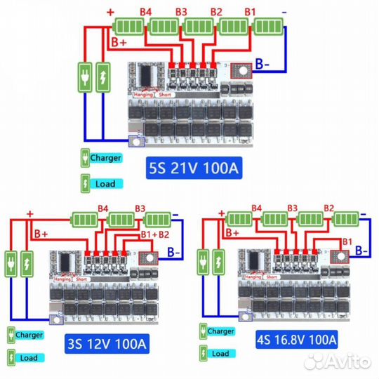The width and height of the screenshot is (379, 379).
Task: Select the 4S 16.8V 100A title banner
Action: click(x=296, y=340)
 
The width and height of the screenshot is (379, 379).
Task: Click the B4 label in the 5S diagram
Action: click(x=146, y=12)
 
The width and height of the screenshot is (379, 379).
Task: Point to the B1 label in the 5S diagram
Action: click(x=251, y=12)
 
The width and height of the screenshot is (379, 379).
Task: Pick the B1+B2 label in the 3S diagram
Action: click(x=155, y=234)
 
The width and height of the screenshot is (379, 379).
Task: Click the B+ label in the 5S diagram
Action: click(x=120, y=42)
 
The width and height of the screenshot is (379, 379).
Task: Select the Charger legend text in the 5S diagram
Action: click(x=105, y=157)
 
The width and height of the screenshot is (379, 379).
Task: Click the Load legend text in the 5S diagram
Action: click(x=105, y=184)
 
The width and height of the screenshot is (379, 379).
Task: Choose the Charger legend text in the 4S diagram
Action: click(x=220, y=331)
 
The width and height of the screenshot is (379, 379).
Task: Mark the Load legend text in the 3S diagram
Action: click(x=29, y=358)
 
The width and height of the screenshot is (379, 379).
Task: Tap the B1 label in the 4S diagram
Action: click(x=345, y=242)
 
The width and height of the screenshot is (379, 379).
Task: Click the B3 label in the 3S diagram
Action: click(x=140, y=208)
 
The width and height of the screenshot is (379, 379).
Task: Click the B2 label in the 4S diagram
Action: click(x=328, y=208)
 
